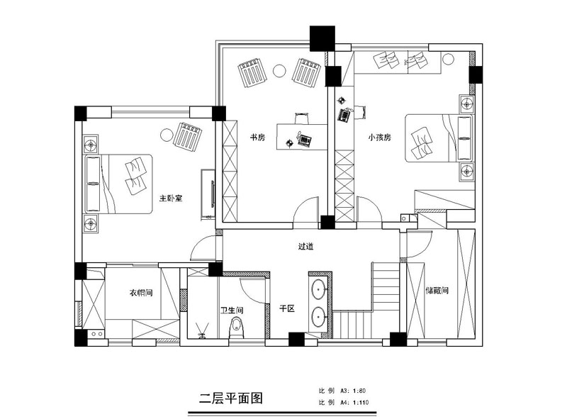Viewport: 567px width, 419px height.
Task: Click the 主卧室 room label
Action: [x=171, y=199]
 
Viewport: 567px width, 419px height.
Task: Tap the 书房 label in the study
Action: [x=258, y=138]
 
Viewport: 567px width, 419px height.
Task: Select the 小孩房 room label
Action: [x=380, y=138]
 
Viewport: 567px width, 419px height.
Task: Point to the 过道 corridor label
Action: [x=305, y=246]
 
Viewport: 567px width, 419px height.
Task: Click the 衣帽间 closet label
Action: [x=141, y=292]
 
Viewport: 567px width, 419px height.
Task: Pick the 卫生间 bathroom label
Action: [x=232, y=310]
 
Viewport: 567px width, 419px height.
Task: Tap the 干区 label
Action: [x=287, y=308]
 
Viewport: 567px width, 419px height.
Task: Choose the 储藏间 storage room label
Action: [x=437, y=290]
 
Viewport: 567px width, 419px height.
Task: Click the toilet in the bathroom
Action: [x=237, y=328]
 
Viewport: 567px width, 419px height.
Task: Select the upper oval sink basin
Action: [x=318, y=289]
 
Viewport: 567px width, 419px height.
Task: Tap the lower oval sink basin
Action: [x=318, y=317]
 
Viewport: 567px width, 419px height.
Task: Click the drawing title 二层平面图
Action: [x=231, y=398]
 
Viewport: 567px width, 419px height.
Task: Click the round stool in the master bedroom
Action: [x=167, y=135]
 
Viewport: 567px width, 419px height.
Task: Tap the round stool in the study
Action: [x=279, y=71]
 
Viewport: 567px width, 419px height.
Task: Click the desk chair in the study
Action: [x=302, y=118]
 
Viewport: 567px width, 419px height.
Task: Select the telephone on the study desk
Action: [x=305, y=140]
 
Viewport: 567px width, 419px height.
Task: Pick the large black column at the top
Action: [x=322, y=38]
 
